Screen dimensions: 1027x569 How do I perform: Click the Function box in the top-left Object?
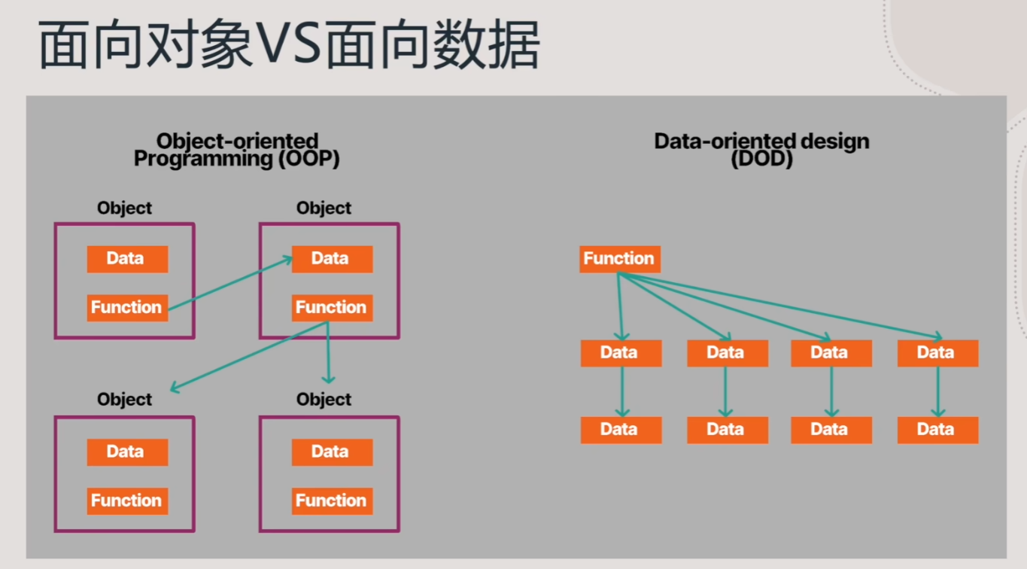pyautogui.click(x=127, y=307)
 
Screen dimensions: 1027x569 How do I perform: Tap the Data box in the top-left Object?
pyautogui.click(x=127, y=259)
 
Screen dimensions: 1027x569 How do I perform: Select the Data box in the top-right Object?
pyautogui.click(x=333, y=259)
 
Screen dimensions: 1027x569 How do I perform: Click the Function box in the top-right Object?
pyautogui.click(x=333, y=307)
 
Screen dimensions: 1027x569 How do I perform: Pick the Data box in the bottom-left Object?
pyautogui.click(x=127, y=452)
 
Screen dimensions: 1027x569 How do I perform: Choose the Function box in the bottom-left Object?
pyautogui.click(x=127, y=501)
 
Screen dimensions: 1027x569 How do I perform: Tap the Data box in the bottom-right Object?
pyautogui.click(x=333, y=452)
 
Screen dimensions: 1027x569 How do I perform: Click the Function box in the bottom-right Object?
pyautogui.click(x=333, y=501)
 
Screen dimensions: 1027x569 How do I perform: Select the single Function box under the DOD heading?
pyautogui.click(x=620, y=259)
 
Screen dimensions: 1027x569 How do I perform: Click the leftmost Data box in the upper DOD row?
pyautogui.click(x=621, y=353)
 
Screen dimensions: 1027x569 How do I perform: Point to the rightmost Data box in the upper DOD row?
pyautogui.click(x=938, y=353)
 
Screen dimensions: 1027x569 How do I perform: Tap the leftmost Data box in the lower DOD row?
pyautogui.click(x=621, y=430)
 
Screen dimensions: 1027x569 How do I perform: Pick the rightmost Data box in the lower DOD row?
pyautogui.click(x=938, y=430)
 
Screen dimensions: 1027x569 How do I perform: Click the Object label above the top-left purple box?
pyautogui.click(x=124, y=208)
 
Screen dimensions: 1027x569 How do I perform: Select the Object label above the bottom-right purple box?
pyautogui.click(x=324, y=400)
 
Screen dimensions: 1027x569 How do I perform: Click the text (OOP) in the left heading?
pyautogui.click(x=309, y=159)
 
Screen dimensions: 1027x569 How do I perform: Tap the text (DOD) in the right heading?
pyautogui.click(x=761, y=159)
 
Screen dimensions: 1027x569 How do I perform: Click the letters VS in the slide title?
pyautogui.click(x=289, y=44)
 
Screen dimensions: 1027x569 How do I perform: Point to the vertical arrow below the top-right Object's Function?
pyautogui.click(x=328, y=352)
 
